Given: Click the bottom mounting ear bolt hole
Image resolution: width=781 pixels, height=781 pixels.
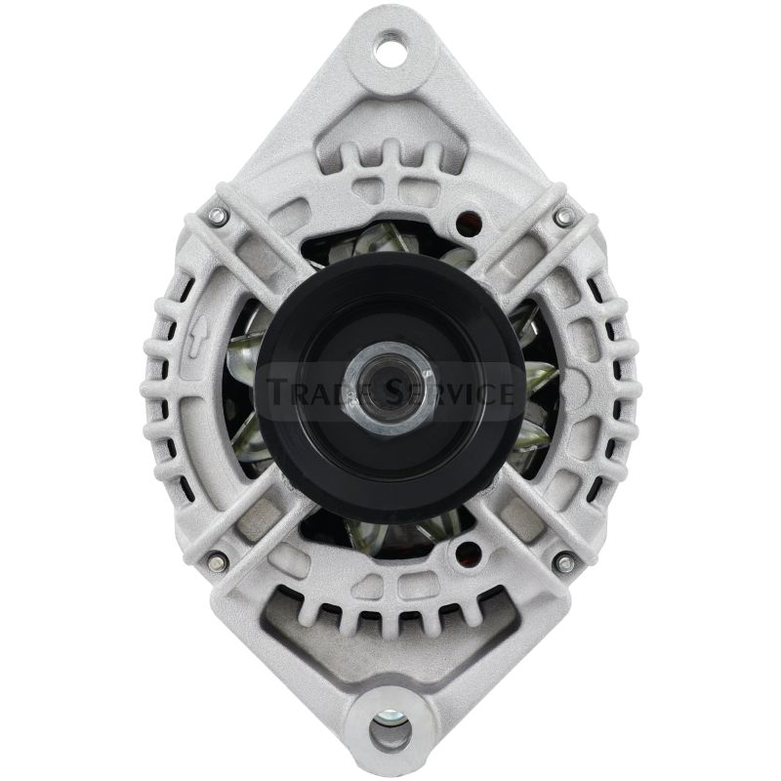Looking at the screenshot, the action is [x=390, y=730].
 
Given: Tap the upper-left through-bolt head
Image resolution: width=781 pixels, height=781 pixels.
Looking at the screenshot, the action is [x=216, y=216].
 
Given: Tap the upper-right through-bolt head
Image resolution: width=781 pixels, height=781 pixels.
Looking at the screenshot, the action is [x=563, y=216].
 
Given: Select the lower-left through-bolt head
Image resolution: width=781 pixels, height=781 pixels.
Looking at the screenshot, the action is [x=216, y=562].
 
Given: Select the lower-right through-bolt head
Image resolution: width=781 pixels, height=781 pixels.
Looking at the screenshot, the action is [x=563, y=562].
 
